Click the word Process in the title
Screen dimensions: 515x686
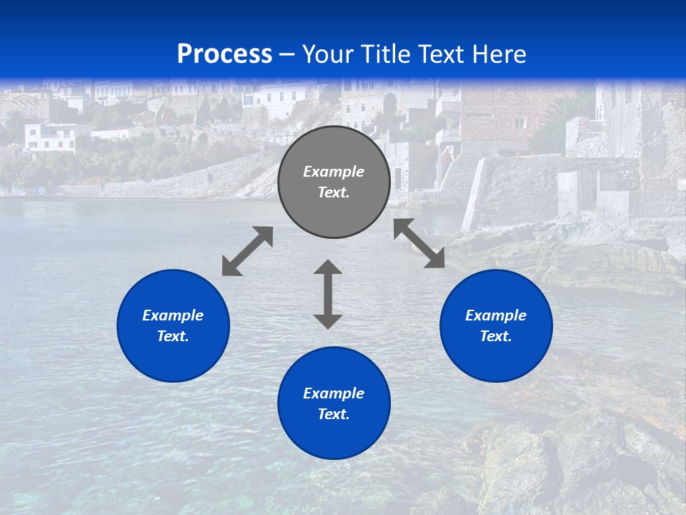tap(224, 54)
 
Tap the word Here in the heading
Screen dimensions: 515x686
tap(497, 54)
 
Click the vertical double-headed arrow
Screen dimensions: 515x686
tap(328, 294)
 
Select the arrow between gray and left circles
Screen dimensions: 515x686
tap(247, 251)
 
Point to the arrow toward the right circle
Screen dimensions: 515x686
tap(419, 243)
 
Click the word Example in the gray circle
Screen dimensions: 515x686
tap(334, 172)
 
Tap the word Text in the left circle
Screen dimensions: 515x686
tap(173, 336)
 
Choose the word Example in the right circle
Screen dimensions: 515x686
tap(496, 315)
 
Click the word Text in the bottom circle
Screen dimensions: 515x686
tap(334, 414)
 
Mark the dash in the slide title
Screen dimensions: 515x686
tap(287, 54)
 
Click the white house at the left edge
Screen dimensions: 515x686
tap(50, 137)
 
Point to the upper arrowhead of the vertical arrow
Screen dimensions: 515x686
tap(328, 268)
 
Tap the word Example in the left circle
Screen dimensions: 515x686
tap(173, 315)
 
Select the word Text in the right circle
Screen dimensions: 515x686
tap(496, 336)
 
